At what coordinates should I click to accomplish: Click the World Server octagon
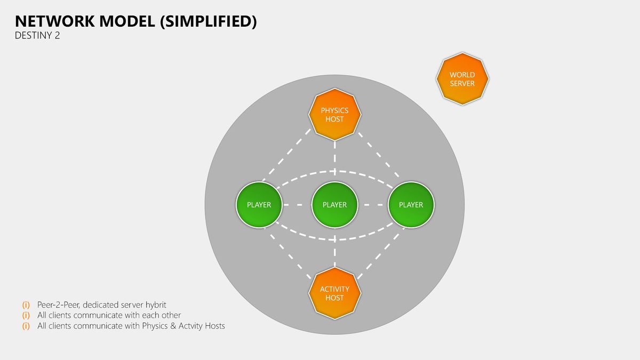click(462, 79)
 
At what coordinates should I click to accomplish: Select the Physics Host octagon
click(335, 115)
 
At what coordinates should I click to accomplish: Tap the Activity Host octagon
click(335, 293)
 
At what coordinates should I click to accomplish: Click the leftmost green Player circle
click(259, 205)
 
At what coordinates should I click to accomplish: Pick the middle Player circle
click(335, 205)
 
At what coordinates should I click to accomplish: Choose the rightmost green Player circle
click(411, 205)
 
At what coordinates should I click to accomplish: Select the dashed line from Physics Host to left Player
click(286, 155)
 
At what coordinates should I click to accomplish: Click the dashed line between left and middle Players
click(297, 205)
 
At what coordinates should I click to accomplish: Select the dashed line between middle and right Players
click(373, 205)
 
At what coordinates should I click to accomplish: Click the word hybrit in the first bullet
click(155, 305)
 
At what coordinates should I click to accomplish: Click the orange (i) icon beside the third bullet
click(26, 326)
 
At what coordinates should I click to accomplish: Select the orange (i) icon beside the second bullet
click(26, 315)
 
